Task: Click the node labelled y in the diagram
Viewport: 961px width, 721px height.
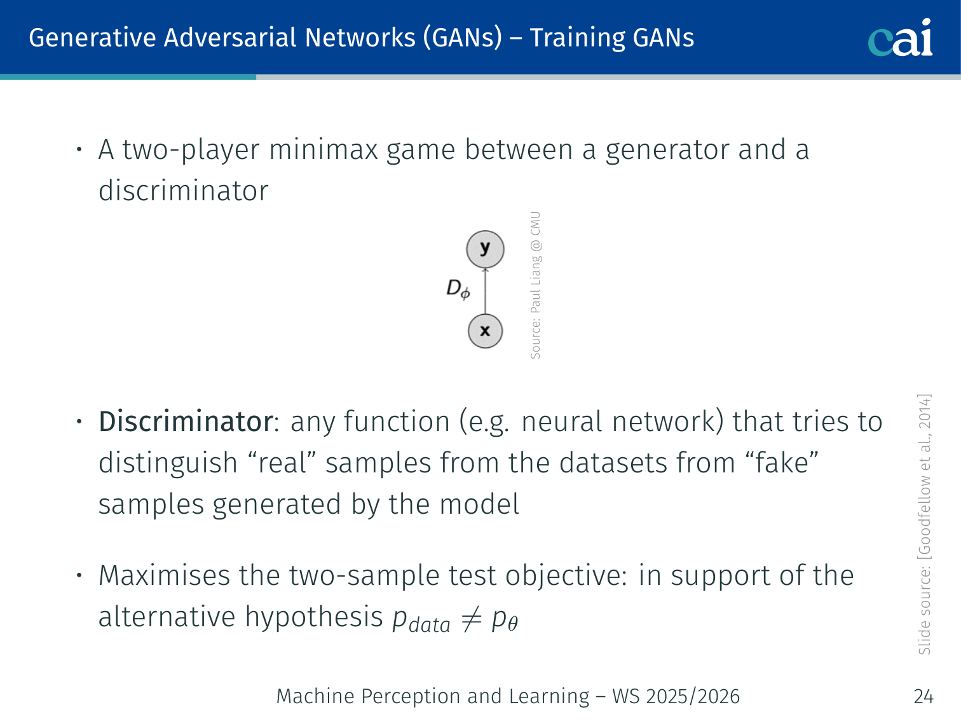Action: coord(485,249)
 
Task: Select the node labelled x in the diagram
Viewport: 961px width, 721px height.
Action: coord(485,331)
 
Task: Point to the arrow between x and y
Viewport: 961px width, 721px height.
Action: coord(485,291)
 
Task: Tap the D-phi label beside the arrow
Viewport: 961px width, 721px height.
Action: coord(458,289)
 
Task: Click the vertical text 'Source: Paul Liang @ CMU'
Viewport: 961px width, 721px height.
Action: coord(535,285)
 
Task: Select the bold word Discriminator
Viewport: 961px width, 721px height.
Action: coord(186,422)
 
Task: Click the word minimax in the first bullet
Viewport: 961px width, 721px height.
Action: coord(323,149)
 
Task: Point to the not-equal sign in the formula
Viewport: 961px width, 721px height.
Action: coord(471,619)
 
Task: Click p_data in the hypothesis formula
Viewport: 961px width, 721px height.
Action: coord(421,620)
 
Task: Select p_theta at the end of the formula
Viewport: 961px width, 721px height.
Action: coord(505,619)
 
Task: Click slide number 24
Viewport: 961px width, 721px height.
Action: coord(924,696)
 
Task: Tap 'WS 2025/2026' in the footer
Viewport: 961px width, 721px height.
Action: coord(676,696)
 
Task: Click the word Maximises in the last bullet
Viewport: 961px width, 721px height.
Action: coord(164,575)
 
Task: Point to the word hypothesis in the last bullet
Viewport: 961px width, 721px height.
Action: coord(314,618)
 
